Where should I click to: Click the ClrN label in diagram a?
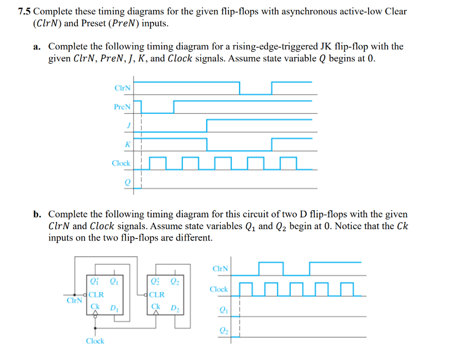click(x=122, y=88)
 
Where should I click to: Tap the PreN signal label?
click(x=122, y=107)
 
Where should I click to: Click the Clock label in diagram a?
click(x=121, y=163)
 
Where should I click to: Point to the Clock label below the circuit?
click(x=95, y=341)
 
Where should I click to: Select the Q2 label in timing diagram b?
click(x=222, y=330)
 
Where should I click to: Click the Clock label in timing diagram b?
click(x=219, y=289)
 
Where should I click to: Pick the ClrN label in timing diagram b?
click(x=220, y=269)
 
